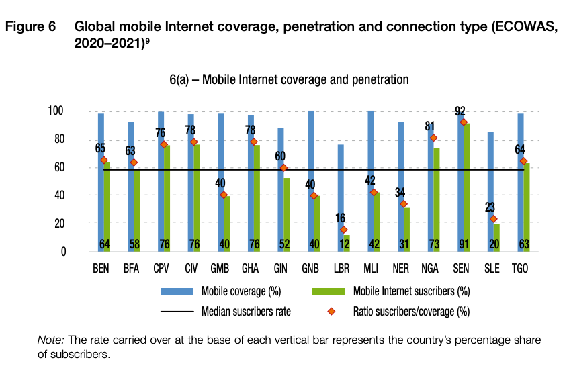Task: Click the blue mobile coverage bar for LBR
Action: click(x=340, y=195)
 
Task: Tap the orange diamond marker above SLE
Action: click(x=493, y=219)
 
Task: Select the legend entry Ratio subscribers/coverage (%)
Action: click(x=411, y=311)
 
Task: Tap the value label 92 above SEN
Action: click(x=460, y=111)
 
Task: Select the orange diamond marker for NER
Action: click(x=404, y=204)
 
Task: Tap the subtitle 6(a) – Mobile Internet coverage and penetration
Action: click(x=289, y=79)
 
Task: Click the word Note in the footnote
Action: click(x=48, y=340)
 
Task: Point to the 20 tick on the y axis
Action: click(x=59, y=224)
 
